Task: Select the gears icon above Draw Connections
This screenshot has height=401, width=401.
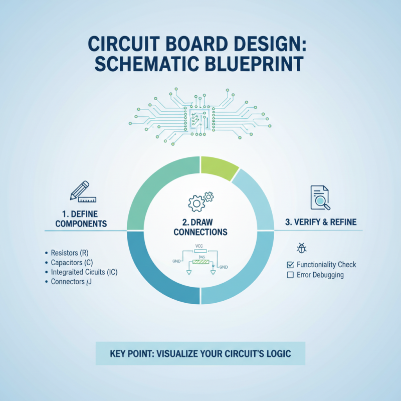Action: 200,200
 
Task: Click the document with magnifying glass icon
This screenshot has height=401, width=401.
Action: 320,198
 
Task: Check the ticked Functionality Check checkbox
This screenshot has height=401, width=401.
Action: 289,265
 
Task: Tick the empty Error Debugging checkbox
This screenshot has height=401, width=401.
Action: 289,275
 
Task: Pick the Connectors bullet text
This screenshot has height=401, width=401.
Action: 71,282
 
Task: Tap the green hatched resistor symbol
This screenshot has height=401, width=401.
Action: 200,261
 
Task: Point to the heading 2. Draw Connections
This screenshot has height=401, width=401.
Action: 200,227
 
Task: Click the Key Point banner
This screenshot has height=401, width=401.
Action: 200,353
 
